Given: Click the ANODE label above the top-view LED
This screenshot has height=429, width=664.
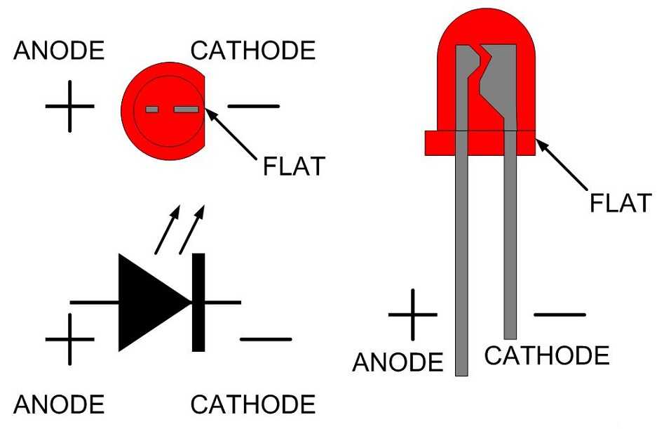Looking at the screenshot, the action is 59,51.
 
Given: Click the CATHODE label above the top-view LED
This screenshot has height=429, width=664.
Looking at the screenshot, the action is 253,51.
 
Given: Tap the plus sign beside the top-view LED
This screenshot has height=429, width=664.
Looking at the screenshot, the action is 70,106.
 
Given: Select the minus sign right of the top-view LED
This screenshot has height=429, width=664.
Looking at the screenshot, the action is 254,106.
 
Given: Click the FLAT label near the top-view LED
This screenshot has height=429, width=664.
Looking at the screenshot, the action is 294,166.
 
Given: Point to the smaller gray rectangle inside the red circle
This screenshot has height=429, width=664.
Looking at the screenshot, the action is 151,110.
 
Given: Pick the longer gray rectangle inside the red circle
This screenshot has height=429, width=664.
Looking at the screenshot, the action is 187,110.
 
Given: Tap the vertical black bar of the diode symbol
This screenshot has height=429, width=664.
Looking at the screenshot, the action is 198,302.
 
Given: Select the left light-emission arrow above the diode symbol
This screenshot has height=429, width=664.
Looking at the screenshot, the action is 168,230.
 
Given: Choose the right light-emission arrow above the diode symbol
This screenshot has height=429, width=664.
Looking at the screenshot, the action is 192,230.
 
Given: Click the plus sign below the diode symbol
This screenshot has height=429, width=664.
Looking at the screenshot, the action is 70,339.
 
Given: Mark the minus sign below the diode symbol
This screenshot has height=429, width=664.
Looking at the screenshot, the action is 266,339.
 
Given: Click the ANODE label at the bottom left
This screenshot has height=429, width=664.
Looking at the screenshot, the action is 59,404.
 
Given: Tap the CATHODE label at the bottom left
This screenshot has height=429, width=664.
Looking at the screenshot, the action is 253,404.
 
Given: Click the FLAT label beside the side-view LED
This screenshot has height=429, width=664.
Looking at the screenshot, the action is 621,203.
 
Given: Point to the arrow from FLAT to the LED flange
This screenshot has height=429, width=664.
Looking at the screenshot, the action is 562,164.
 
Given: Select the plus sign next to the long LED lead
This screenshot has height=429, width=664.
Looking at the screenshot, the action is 413,315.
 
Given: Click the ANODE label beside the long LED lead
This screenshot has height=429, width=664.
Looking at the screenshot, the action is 398,362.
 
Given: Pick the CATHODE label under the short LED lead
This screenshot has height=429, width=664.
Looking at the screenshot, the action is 547,356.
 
